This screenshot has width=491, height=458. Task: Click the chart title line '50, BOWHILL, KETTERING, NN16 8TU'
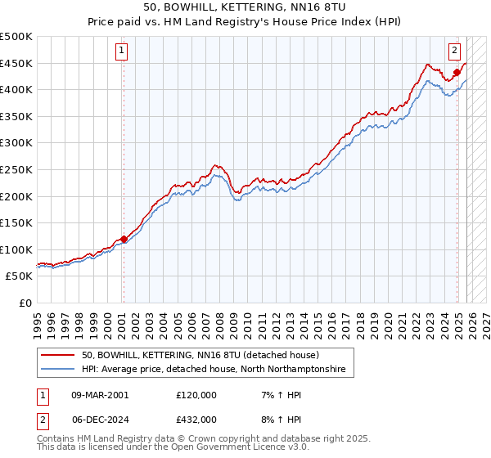point(245,7)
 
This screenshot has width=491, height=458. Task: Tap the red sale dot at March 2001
point(124,239)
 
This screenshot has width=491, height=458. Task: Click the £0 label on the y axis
point(25,303)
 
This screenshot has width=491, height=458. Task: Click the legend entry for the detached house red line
point(205,355)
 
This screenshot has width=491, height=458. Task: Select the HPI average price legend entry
point(214,370)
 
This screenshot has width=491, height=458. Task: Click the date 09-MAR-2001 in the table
point(100,395)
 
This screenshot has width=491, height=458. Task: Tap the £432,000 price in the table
point(196,419)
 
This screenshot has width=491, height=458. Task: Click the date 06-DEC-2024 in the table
point(100,419)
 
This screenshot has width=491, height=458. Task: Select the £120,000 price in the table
point(196,395)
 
